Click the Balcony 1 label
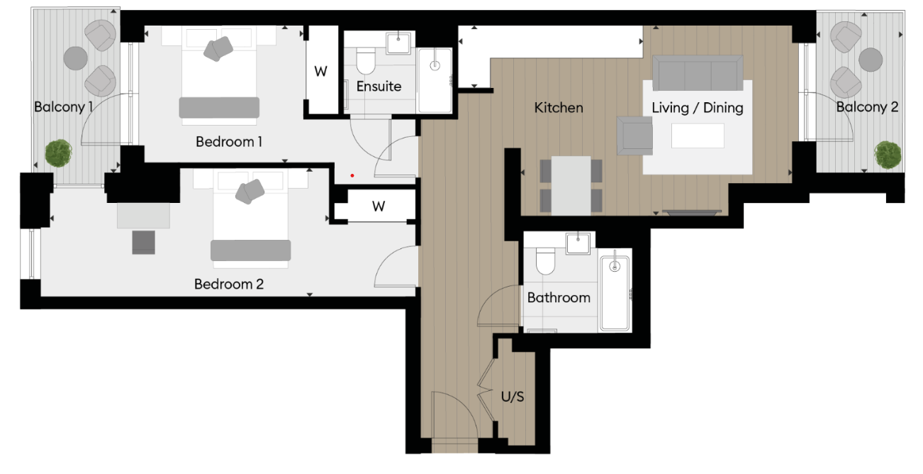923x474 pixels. point(64,107)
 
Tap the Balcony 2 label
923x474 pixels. point(867,107)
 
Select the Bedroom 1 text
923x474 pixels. point(229,142)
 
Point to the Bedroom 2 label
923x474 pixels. point(229,285)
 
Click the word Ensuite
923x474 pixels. point(379,87)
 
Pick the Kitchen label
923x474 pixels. point(559,108)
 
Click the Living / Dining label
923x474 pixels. point(698,108)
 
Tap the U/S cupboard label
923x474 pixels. point(513,397)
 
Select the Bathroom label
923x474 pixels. point(559,297)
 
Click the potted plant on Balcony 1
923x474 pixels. point(58,153)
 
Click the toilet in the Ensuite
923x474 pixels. point(366,62)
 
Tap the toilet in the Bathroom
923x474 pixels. point(546,262)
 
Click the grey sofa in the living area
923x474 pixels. point(698,72)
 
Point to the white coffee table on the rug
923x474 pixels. point(698,136)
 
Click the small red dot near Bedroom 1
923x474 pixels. point(352,175)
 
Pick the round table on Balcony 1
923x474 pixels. point(75,57)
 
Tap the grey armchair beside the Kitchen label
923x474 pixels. point(634,135)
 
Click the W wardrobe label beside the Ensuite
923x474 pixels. point(321,72)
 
